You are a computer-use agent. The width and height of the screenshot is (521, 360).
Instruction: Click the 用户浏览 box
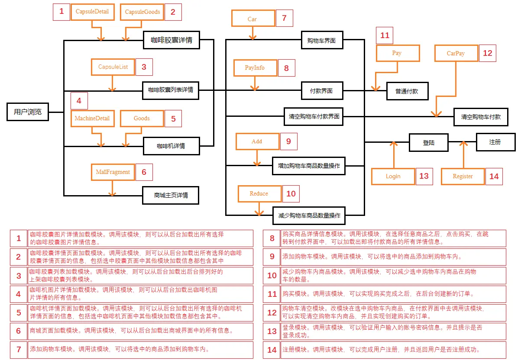point(28,112)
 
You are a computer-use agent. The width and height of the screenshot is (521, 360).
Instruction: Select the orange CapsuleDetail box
point(92,12)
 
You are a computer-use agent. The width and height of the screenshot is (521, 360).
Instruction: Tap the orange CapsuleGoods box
point(142,12)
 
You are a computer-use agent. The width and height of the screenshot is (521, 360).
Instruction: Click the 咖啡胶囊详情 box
point(172,40)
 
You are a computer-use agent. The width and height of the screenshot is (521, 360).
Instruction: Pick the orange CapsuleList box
point(113,67)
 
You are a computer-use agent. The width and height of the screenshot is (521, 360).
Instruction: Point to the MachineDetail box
point(92,118)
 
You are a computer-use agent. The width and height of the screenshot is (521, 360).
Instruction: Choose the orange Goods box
point(142,118)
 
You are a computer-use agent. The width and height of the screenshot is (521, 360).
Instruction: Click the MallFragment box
point(113,172)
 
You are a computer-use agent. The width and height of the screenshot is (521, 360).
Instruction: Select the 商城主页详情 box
point(171,195)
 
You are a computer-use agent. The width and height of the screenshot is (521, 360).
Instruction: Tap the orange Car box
point(252,19)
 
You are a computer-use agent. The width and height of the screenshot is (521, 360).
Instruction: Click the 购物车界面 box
point(321,41)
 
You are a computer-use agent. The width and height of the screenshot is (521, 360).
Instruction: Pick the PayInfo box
point(255,68)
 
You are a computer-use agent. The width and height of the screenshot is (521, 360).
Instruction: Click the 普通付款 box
point(406,91)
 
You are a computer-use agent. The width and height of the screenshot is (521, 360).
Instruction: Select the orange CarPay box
point(456,54)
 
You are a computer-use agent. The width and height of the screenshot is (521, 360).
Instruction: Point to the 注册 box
point(495,142)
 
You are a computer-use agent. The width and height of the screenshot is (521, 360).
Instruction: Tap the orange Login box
point(393,176)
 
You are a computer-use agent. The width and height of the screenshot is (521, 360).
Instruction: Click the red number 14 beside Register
point(494,177)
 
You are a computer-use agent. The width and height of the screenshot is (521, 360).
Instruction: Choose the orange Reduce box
point(259,193)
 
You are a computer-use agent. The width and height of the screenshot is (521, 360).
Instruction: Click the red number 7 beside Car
point(284,18)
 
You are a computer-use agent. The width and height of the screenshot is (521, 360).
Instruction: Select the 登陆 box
point(429,142)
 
